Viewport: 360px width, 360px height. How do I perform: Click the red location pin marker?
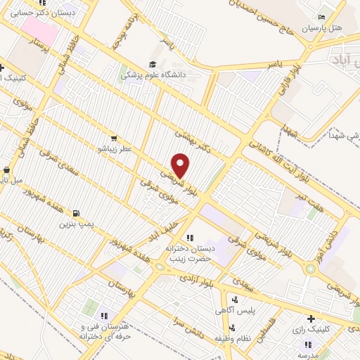tap(181, 165)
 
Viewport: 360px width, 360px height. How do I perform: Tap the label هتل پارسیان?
tap(321, 29)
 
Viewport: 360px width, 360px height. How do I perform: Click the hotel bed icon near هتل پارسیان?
tap(321, 18)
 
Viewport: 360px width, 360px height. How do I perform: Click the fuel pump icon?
tap(75, 213)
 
